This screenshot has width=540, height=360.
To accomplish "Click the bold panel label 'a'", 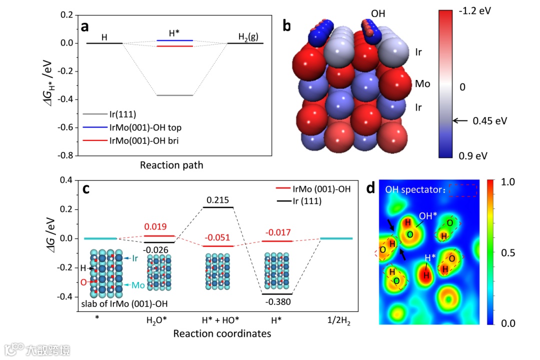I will (x=85, y=26).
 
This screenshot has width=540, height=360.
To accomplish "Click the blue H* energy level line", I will (x=174, y=40).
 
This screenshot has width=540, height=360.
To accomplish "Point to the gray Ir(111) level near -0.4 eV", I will (x=174, y=95).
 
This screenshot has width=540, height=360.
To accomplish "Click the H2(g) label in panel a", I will (x=247, y=37).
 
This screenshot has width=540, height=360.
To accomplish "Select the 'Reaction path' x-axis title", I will (x=171, y=164).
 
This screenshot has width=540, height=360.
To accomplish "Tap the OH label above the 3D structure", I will (x=378, y=13).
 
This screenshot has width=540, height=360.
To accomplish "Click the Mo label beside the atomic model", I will (x=422, y=83).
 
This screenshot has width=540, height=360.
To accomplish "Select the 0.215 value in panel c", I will (x=218, y=199).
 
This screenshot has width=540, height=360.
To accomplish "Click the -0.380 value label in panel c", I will (x=277, y=301).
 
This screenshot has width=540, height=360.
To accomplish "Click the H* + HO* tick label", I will (x=218, y=320).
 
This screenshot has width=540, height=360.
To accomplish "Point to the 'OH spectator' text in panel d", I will (x=415, y=190).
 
